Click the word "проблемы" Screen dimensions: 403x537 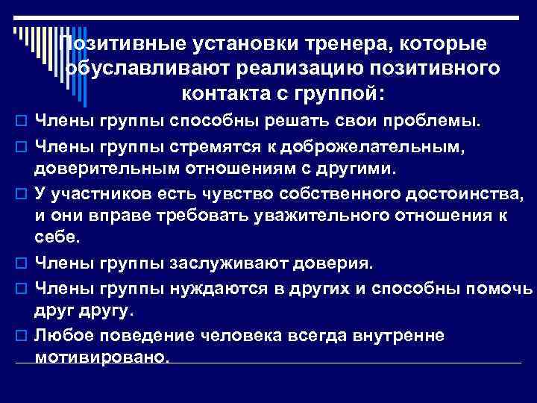pyautogui.click(x=438, y=120)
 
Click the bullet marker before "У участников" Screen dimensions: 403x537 pyautogui.click(x=20, y=196)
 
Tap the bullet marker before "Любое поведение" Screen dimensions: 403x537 pyautogui.click(x=20, y=337)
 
